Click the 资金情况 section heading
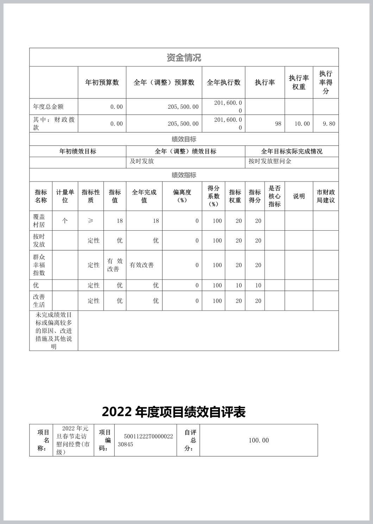pos(184,58)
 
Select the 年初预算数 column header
pos(102,83)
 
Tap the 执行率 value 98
pos(278,124)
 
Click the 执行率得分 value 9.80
pos(329,124)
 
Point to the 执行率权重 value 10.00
pos(302,124)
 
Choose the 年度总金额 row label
pos(48,107)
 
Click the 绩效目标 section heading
pos(184,139)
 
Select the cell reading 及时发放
pos(142,161)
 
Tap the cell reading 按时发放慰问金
pos(270,161)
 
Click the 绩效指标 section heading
pos(184,175)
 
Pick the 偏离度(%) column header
pos(182,196)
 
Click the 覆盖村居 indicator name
pos(39,221)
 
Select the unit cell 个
pos(65,221)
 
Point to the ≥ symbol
pos(90,221)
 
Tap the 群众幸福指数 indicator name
pos(39,265)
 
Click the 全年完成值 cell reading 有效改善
pos(142,265)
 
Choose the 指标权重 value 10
pos(239,286)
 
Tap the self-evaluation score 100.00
pos(259,440)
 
